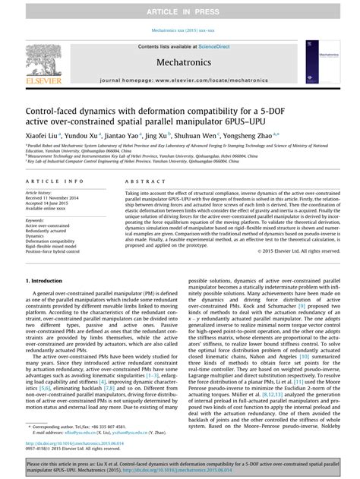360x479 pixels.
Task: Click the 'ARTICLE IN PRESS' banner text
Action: [179, 11]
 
